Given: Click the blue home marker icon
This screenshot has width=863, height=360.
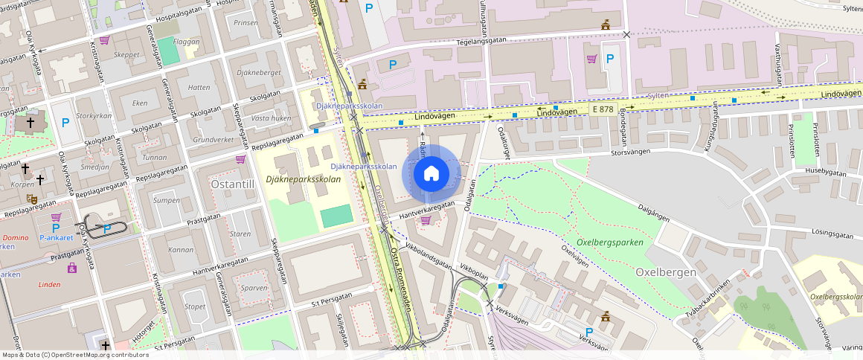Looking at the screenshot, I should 431,174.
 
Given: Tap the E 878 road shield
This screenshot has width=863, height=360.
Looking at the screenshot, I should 603,109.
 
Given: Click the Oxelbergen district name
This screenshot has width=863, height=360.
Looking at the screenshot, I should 666,272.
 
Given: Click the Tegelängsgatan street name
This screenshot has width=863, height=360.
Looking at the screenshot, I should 487,43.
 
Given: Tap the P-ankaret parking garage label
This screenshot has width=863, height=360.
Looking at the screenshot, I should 56,238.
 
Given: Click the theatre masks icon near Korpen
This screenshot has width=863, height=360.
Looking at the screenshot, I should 32,199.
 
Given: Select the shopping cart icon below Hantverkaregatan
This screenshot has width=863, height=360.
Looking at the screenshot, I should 426,219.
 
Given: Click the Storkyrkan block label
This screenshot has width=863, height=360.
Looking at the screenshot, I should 94,116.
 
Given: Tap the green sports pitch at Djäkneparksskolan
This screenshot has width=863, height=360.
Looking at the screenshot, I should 336,217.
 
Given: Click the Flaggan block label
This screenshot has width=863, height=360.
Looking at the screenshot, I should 186,42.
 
